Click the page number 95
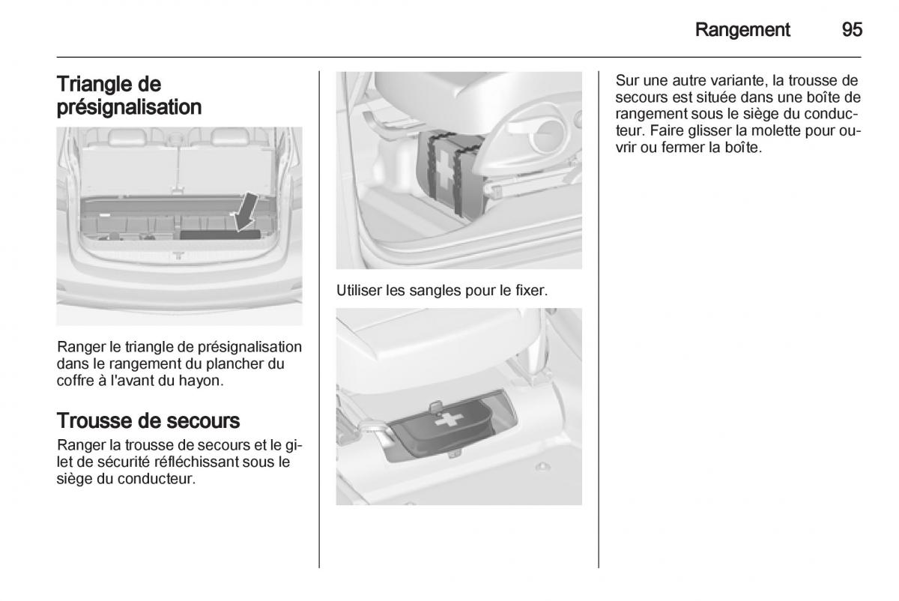tap(852, 30)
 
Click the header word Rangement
tap(742, 30)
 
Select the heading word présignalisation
tap(129, 108)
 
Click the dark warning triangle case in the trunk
tap(220, 235)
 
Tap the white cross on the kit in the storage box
tap(449, 420)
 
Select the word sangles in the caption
tap(435, 291)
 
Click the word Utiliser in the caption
tap(359, 290)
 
